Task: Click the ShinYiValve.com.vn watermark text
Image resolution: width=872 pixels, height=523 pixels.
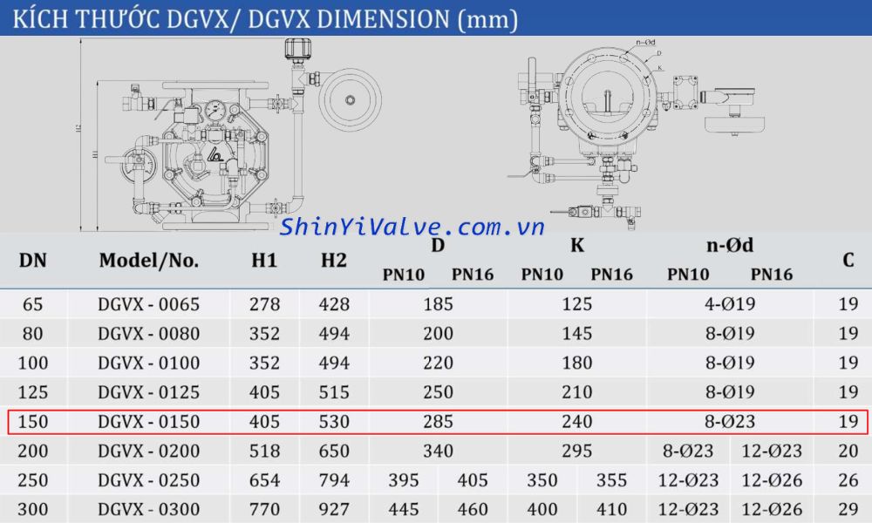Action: pos(412,228)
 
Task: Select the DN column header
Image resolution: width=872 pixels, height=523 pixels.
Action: pos(33,260)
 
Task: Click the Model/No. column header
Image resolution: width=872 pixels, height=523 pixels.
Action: pos(148,260)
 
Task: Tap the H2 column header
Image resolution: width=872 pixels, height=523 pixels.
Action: pos(333,260)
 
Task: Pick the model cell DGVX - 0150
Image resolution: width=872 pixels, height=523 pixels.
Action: pos(148,422)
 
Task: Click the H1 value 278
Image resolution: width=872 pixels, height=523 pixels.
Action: pos(264,304)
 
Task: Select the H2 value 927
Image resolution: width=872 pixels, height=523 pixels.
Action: pos(333,510)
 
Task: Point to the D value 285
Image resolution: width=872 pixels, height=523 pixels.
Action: pos(438,422)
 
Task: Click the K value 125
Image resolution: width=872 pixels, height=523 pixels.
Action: pos(576,304)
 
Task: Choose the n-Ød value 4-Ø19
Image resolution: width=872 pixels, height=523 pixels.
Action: pos(730,304)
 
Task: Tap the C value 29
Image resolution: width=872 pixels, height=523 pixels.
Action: pos(848,510)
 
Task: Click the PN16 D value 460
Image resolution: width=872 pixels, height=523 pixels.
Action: pos(473,510)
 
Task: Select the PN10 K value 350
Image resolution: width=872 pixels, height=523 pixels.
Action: pos(542,480)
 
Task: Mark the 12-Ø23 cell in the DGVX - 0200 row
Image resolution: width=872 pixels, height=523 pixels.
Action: pos(772,452)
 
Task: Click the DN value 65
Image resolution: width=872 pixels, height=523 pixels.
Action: pos(33,304)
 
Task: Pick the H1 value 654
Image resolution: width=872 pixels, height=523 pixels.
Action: pos(264,480)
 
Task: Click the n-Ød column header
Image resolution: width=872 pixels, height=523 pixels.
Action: pos(730,246)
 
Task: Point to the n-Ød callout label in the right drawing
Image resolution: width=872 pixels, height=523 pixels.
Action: pos(646,42)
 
